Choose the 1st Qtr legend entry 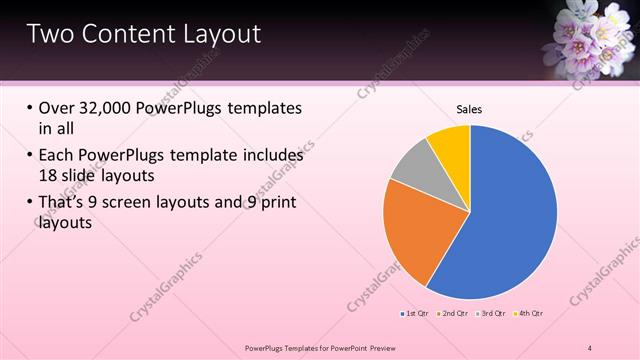coord(415,314)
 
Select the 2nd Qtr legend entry coord(453,314)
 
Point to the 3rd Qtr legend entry coord(490,314)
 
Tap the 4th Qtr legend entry coord(527,314)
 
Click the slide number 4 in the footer coord(590,348)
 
